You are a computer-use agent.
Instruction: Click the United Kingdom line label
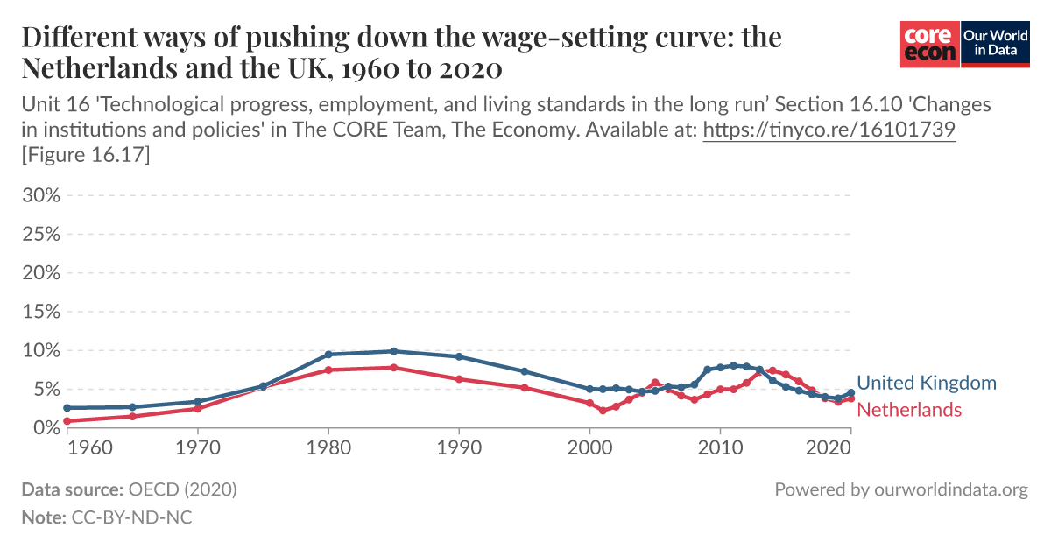pyautogui.click(x=926, y=383)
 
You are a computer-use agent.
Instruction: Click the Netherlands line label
pyautogui.click(x=908, y=410)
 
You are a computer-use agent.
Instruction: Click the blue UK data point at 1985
pyautogui.click(x=393, y=351)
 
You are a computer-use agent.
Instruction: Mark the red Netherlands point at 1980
pyautogui.click(x=328, y=370)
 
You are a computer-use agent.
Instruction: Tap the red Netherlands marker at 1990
pyautogui.click(x=459, y=379)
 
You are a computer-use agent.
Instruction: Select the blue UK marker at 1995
pyautogui.click(x=524, y=371)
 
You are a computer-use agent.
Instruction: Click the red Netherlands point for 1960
pyautogui.click(x=67, y=421)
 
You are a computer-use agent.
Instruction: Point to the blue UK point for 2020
pyautogui.click(x=850, y=393)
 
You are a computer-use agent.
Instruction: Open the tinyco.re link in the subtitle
pyautogui.click(x=829, y=130)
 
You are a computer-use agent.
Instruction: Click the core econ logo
pyautogui.click(x=930, y=44)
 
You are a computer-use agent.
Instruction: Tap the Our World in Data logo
pyautogui.click(x=995, y=44)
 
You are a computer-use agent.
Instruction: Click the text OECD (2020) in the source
pyautogui.click(x=182, y=489)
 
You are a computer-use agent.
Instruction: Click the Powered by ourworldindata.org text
pyautogui.click(x=900, y=489)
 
